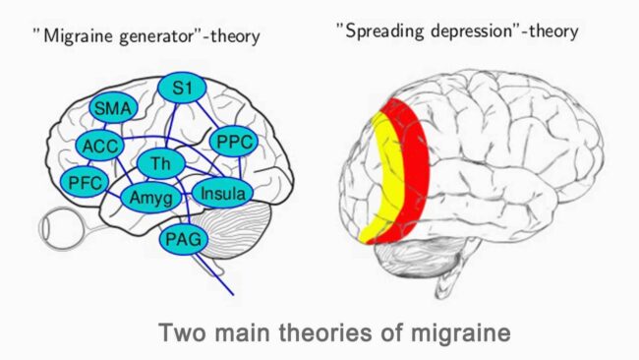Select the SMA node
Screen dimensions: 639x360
tap(113, 109)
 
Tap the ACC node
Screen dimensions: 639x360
tap(99, 147)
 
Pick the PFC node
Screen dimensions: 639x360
tap(84, 183)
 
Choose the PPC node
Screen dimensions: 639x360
tap(233, 142)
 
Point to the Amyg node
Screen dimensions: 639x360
tap(150, 199)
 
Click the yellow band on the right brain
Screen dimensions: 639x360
tap(381, 177)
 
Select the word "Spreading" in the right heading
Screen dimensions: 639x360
tap(388, 31)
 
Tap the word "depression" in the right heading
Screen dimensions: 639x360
tap(483, 31)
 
